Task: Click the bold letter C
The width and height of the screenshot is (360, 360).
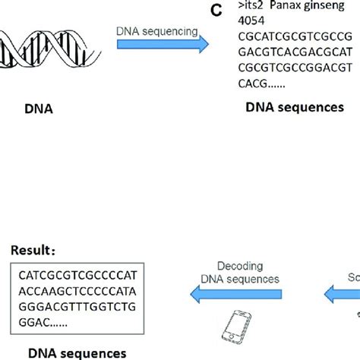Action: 216,11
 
